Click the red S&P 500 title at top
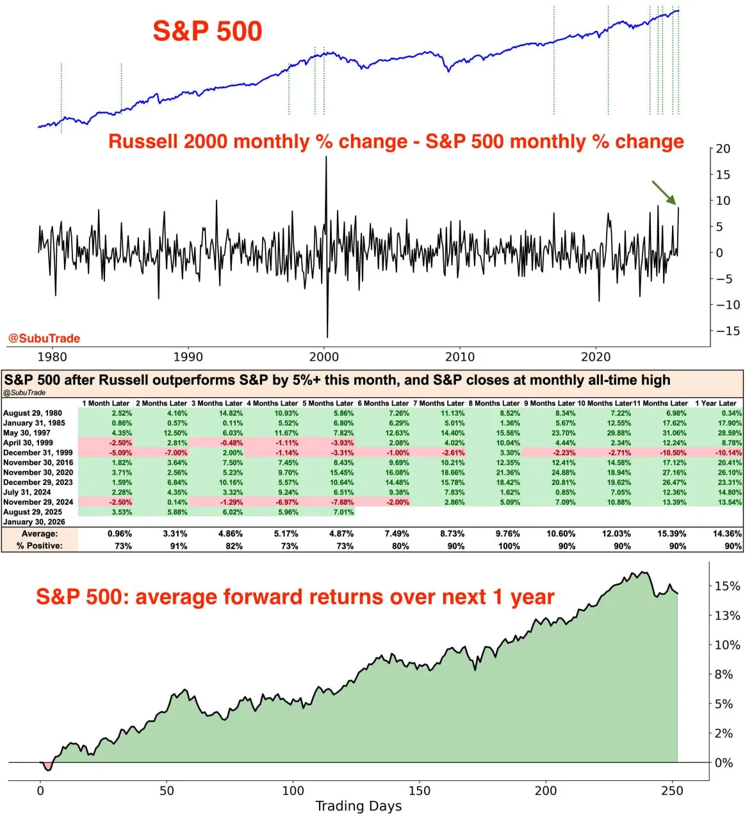click(x=208, y=31)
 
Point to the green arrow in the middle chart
click(x=664, y=193)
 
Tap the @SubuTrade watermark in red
click(x=44, y=338)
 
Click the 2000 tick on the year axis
click(x=324, y=357)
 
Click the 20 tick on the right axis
click(x=723, y=149)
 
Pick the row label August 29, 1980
click(x=33, y=413)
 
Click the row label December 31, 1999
click(x=38, y=452)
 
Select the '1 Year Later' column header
click(x=716, y=403)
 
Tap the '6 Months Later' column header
click(x=382, y=403)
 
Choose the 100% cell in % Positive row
click(x=509, y=546)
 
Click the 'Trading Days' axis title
click(x=359, y=806)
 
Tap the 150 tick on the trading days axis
click(x=420, y=791)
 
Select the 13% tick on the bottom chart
click(x=727, y=616)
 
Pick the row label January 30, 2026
click(x=34, y=521)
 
